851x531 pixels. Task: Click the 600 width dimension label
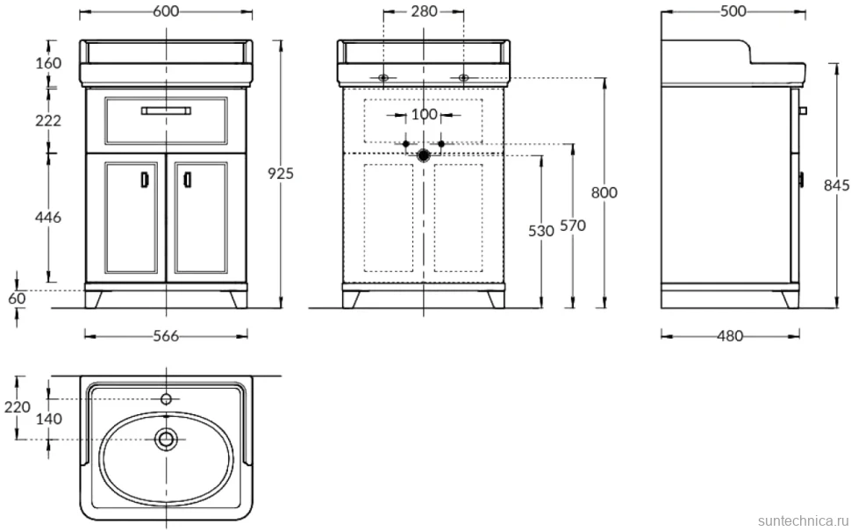tap(166, 11)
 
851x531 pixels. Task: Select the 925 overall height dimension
tap(281, 173)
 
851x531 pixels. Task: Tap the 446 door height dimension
tap(48, 218)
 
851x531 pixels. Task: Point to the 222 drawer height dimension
tap(48, 121)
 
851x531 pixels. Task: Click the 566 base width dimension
tap(166, 336)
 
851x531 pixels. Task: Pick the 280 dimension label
tap(424, 11)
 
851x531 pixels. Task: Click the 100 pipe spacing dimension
tap(424, 115)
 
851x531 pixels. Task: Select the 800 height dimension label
tap(604, 193)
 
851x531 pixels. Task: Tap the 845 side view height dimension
tap(837, 185)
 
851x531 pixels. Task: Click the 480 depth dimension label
tap(730, 336)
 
